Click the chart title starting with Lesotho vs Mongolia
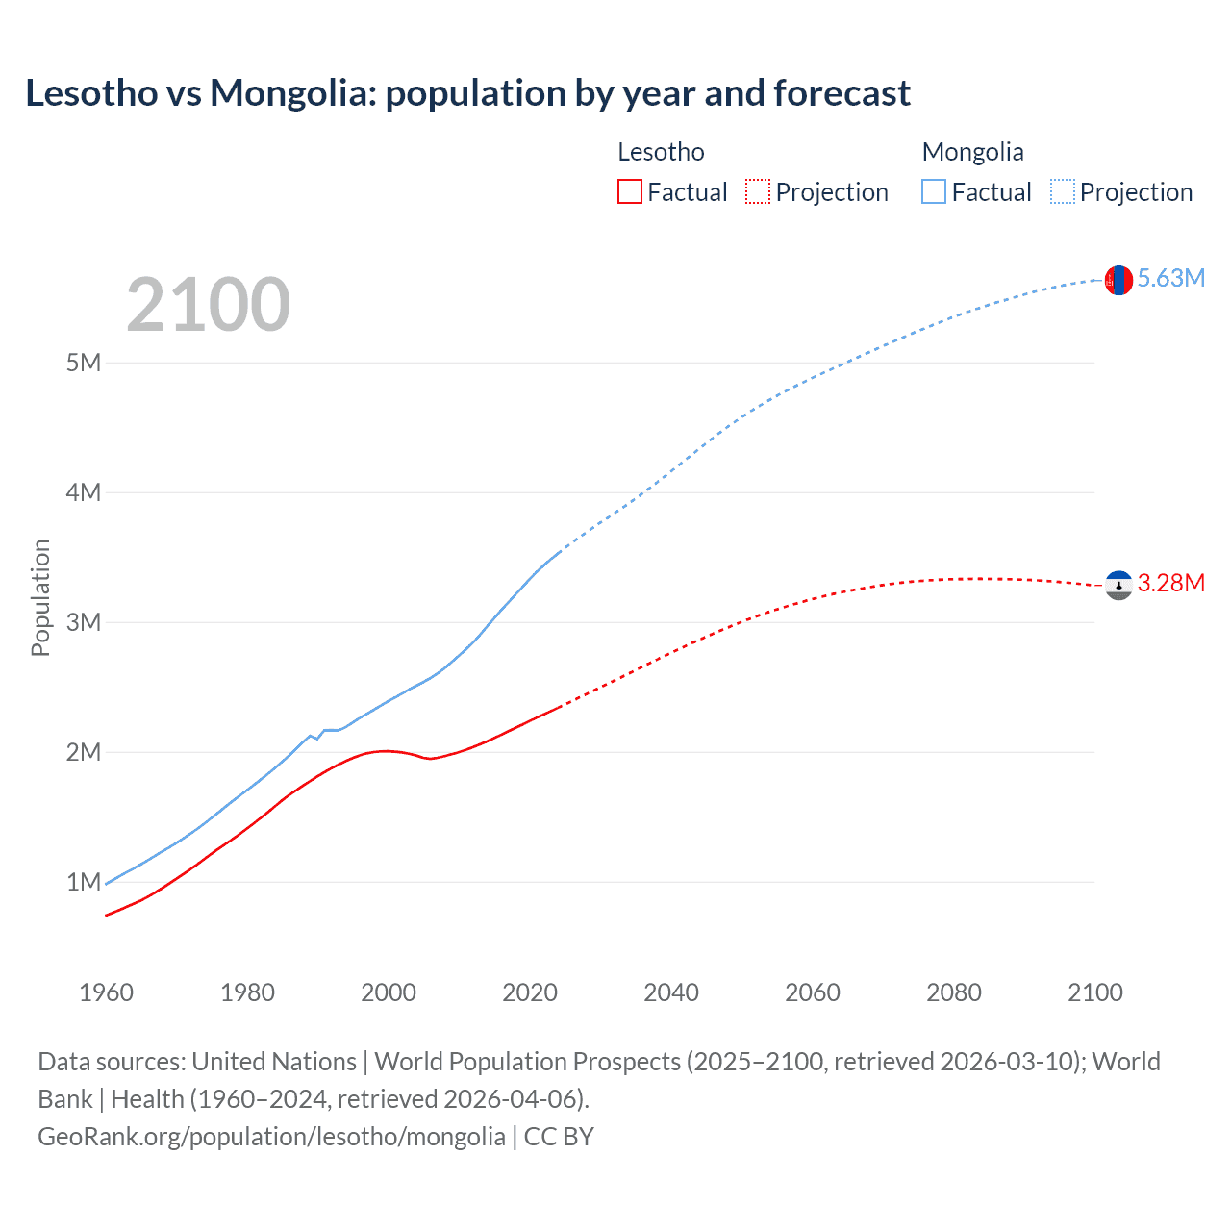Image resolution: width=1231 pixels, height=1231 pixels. [x=467, y=93]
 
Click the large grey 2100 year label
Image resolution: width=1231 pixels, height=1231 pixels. [x=208, y=305]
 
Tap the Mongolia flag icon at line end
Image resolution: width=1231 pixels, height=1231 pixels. [x=1118, y=280]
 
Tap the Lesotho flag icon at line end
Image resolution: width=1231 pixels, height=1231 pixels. [x=1118, y=585]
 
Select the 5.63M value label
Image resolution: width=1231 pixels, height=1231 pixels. [x=1170, y=279]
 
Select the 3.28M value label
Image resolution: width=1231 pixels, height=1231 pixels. [x=1170, y=584]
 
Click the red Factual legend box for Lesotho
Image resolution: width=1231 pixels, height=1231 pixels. [x=630, y=192]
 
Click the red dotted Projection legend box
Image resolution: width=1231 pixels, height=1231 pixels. [x=758, y=192]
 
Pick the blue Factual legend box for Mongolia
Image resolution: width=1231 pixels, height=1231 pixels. [x=934, y=192]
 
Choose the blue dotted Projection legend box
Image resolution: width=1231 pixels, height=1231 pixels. [x=1063, y=192]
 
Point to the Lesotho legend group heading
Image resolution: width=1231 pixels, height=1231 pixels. [x=661, y=152]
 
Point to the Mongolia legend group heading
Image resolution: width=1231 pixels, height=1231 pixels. [x=972, y=152]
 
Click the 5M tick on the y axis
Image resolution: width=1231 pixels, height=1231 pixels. [x=84, y=364]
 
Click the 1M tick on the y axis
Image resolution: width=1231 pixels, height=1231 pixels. [x=84, y=882]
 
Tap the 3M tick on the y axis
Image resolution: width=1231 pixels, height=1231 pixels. [x=84, y=622]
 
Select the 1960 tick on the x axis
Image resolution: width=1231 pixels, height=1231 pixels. [x=106, y=992]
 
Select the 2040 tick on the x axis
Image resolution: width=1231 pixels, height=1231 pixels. [x=671, y=992]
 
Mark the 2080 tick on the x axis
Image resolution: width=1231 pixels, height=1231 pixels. [x=954, y=992]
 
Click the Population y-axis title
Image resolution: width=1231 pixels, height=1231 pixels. [x=40, y=597]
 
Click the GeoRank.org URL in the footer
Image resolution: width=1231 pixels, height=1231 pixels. [x=271, y=1137]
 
